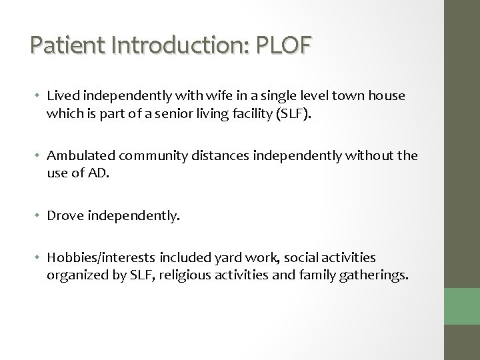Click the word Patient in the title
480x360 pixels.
click(x=63, y=47)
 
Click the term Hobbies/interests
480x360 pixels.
click(x=98, y=257)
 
